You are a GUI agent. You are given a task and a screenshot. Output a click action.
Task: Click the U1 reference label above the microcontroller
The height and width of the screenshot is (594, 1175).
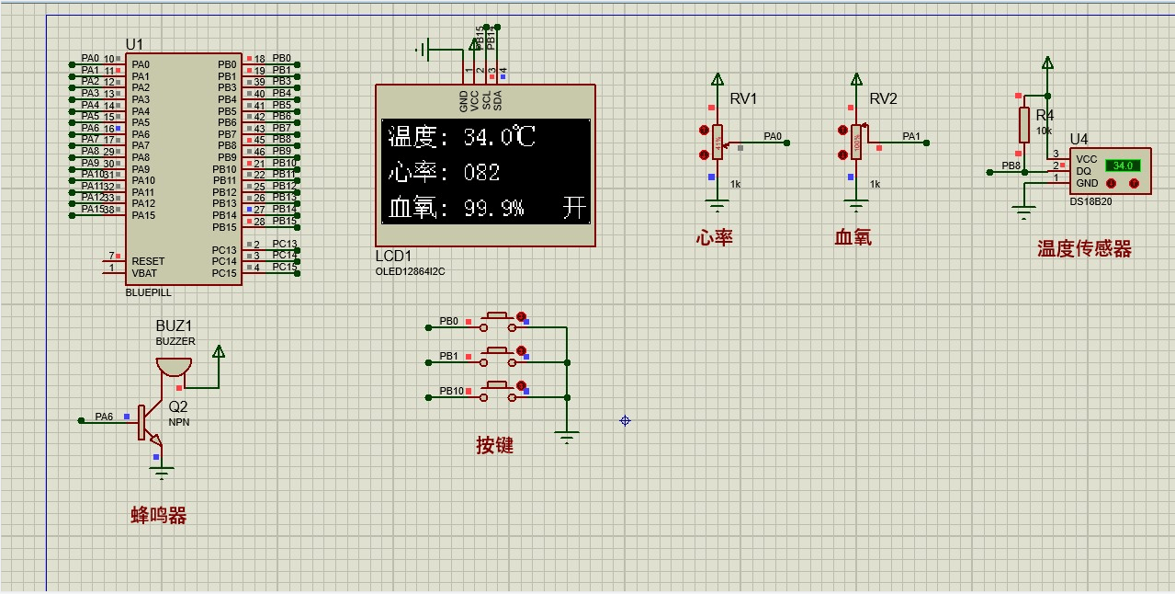pyautogui.click(x=134, y=44)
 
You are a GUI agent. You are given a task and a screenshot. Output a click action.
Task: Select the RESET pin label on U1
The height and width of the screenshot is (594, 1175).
pyautogui.click(x=148, y=261)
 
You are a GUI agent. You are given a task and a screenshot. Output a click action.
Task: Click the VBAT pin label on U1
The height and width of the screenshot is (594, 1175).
pyautogui.click(x=145, y=273)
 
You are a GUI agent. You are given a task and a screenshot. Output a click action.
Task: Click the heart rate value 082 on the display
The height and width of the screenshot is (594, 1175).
pyautogui.click(x=481, y=173)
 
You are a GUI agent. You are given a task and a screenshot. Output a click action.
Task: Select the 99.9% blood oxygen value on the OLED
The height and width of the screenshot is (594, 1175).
pyautogui.click(x=493, y=209)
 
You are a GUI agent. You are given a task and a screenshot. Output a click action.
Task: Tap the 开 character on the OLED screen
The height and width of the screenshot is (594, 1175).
pyautogui.click(x=573, y=209)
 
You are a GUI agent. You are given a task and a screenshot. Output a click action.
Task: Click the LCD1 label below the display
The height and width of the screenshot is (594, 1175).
pyautogui.click(x=393, y=256)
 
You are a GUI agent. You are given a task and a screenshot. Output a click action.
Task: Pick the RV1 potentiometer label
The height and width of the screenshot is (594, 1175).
pyautogui.click(x=742, y=99)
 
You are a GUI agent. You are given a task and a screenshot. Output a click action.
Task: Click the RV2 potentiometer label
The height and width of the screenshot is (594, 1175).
pyautogui.click(x=883, y=99)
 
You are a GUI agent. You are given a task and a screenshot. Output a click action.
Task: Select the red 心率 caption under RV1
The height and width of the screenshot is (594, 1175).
pyautogui.click(x=714, y=238)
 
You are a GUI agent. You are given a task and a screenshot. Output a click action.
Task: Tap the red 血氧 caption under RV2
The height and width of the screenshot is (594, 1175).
pyautogui.click(x=853, y=238)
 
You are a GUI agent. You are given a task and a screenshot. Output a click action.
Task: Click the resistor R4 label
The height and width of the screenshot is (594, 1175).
pyautogui.click(x=1045, y=116)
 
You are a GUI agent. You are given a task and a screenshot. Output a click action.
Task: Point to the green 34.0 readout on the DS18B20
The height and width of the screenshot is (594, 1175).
pyautogui.click(x=1122, y=166)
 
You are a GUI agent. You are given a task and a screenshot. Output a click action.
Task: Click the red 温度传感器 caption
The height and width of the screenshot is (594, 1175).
pyautogui.click(x=1084, y=249)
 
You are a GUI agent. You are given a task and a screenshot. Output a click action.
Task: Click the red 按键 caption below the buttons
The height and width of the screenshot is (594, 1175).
pyautogui.click(x=494, y=446)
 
